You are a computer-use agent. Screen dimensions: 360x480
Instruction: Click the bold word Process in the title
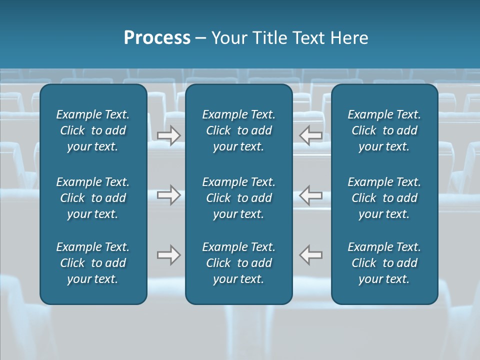[157, 38]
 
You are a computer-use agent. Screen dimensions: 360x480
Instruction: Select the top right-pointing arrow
[168, 135]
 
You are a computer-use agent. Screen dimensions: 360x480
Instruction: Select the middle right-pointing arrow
[168, 195]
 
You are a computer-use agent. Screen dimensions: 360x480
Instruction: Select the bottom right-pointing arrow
[168, 255]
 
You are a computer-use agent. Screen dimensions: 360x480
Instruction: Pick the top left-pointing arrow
[311, 135]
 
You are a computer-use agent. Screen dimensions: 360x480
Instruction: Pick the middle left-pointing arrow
[311, 195]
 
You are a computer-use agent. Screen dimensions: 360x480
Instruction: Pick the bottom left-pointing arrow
[311, 255]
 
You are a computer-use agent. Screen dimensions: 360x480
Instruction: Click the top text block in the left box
[93, 130]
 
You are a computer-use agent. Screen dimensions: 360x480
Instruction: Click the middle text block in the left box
[93, 198]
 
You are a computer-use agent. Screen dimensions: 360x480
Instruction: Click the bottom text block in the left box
[93, 263]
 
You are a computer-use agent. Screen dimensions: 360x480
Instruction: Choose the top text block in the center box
[238, 130]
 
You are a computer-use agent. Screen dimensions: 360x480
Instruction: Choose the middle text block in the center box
[238, 198]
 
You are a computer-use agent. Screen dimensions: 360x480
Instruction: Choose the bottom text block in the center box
[238, 263]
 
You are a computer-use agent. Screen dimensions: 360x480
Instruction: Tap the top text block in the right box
[384, 130]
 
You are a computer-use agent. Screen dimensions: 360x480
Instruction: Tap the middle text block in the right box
[384, 198]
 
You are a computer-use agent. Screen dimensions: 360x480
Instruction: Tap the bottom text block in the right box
[384, 263]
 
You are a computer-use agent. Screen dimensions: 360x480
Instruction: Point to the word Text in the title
[309, 38]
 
